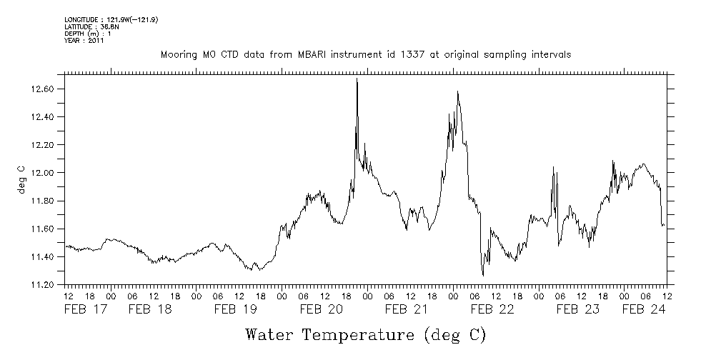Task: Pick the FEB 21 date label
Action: (406, 309)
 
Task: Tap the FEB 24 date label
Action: (643, 309)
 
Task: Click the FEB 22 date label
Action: (492, 309)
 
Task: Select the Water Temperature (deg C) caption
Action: (366, 334)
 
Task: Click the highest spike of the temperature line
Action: (357, 79)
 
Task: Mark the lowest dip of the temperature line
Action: (483, 275)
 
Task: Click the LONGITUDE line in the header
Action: (111, 19)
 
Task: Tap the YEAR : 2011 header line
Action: (84, 41)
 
